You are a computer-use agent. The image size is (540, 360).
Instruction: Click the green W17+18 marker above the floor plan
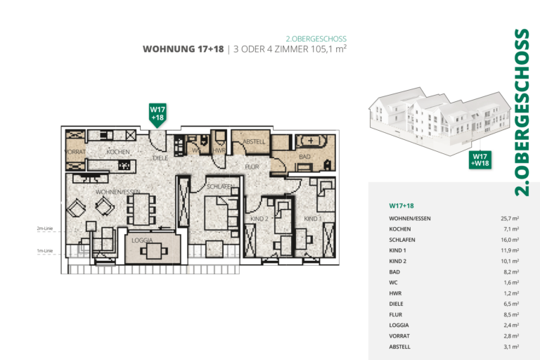pos(157,113)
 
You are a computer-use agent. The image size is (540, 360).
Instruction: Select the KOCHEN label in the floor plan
pos(118,152)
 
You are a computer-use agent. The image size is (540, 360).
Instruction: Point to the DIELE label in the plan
pos(161,158)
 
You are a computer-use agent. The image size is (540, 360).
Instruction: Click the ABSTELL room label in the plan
pos(253,142)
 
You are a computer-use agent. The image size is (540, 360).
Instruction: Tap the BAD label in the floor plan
pos(304,157)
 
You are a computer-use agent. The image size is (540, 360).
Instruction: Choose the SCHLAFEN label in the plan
pos(220,186)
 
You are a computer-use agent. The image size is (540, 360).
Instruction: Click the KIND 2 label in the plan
pos(259,219)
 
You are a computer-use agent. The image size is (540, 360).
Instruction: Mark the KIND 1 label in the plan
pos(312,219)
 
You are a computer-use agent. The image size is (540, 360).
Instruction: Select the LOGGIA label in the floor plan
pos(143,240)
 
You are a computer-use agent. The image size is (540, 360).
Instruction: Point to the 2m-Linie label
pos(46,229)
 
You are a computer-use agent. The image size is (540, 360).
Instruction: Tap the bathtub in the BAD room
pos(314,141)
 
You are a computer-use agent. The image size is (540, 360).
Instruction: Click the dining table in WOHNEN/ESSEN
pos(140,208)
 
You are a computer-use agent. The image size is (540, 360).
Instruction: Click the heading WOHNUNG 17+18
pos(183,49)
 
